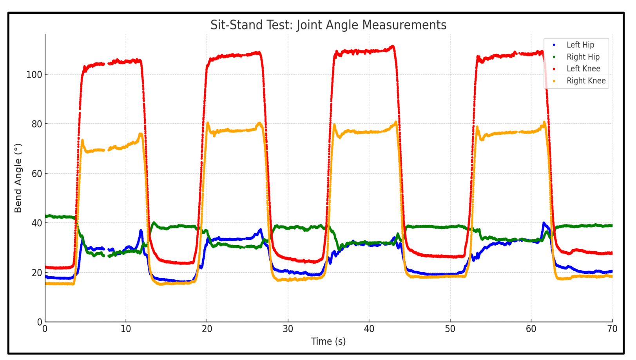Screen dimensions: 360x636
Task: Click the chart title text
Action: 328,25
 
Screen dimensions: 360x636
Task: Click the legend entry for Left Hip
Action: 580,45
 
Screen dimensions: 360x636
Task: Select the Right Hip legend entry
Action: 583,57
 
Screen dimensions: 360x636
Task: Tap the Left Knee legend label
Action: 583,69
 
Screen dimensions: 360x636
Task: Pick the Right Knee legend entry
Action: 586,81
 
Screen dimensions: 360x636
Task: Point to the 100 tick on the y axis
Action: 34,74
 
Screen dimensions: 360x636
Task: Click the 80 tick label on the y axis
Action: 36,124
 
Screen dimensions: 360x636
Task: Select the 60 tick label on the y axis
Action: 36,174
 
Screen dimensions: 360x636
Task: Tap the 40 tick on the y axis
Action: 36,223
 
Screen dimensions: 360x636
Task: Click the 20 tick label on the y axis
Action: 36,273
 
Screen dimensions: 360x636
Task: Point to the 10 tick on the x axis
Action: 126,329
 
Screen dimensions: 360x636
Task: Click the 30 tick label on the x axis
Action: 288,329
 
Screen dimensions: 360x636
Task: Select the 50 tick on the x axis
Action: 450,329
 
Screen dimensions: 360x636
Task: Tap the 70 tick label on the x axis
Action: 612,329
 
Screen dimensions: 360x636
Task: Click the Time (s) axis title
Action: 328,342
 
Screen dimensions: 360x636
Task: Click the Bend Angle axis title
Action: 18,178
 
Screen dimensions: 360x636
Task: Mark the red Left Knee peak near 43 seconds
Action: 393,47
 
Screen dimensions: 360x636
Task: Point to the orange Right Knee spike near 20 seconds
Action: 208,123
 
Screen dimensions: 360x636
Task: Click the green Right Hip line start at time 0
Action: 46,216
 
